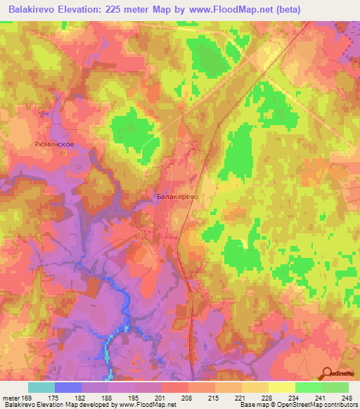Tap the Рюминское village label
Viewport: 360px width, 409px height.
(54, 143)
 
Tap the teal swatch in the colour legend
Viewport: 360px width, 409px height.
(41, 387)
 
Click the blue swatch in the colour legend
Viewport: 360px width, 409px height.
(68, 387)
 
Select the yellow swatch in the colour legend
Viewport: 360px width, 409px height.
(281, 387)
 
